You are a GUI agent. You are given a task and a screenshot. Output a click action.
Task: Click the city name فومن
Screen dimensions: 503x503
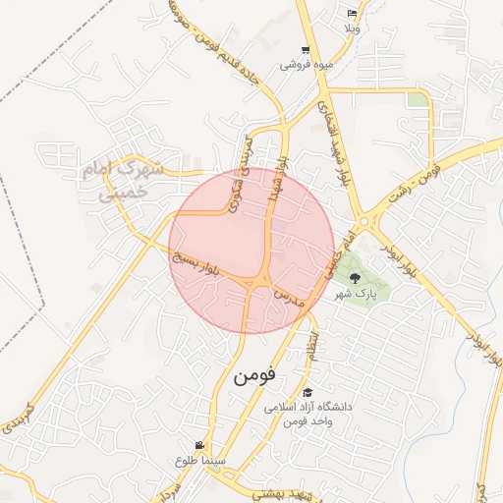(x=255, y=375)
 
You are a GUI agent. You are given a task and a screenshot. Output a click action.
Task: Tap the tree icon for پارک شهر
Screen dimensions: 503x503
(x=356, y=278)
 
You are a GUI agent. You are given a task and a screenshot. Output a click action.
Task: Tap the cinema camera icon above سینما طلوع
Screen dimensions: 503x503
(x=201, y=445)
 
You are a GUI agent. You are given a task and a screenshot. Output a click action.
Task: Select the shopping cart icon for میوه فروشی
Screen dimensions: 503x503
(x=307, y=50)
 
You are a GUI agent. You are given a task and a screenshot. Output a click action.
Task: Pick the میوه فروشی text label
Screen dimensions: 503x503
(x=305, y=65)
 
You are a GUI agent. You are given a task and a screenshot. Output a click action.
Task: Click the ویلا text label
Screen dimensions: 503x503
(x=352, y=28)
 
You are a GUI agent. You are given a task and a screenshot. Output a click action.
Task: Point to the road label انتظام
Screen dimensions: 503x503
(x=313, y=346)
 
